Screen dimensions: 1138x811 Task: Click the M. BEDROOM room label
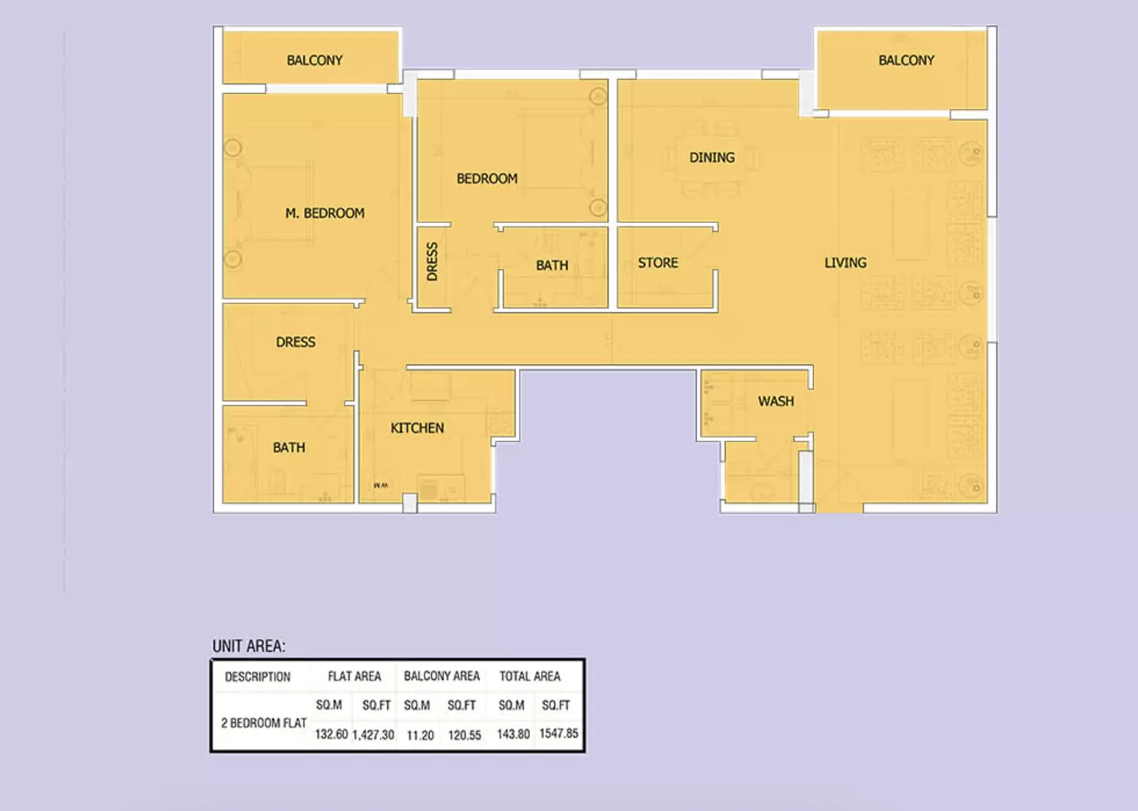tap(325, 213)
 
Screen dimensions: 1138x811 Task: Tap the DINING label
tap(712, 158)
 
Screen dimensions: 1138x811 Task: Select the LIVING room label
tap(845, 263)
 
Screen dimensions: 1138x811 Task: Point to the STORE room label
tap(658, 263)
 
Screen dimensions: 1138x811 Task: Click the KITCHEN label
tap(417, 427)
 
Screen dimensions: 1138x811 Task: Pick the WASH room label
tap(776, 401)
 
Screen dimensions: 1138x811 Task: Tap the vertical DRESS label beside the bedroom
tap(432, 261)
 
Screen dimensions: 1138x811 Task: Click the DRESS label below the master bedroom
tap(295, 342)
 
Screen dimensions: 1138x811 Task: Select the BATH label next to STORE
tap(552, 265)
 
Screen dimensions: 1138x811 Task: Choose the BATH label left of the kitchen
tap(289, 448)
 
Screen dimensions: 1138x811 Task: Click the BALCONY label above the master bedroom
tap(315, 60)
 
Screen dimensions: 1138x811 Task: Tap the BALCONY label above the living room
tap(906, 60)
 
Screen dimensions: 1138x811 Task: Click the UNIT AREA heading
tap(249, 646)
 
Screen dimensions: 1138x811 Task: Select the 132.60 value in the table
tap(331, 734)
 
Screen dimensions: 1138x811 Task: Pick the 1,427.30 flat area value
tap(373, 735)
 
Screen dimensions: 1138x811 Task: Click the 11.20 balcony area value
tap(420, 735)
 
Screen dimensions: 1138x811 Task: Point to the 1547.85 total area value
tap(558, 733)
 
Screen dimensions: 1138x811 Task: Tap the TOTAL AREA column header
tap(530, 676)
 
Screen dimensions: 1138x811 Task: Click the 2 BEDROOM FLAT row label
tap(264, 723)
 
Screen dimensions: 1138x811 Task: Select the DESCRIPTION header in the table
tap(257, 677)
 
